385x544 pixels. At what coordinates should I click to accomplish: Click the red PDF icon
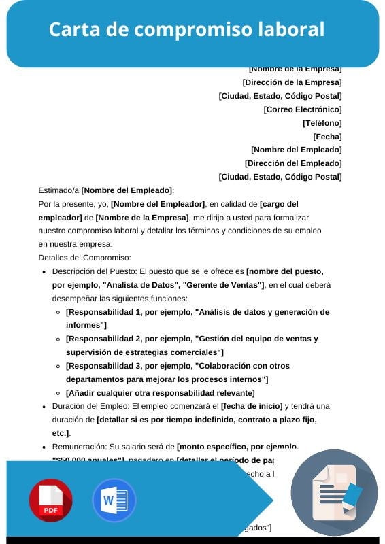tap(50, 500)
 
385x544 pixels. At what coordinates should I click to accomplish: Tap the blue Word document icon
tap(114, 500)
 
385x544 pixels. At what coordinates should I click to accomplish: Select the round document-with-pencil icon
tap(334, 492)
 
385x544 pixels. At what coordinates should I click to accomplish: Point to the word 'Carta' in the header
tap(73, 29)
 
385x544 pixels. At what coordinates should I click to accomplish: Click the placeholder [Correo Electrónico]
tap(302, 109)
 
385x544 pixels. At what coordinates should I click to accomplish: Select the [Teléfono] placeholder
tap(322, 122)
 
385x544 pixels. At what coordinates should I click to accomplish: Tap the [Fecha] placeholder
tap(327, 136)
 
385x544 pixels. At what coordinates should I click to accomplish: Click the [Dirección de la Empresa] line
tap(292, 82)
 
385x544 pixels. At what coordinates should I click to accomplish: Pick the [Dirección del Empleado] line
tap(292, 163)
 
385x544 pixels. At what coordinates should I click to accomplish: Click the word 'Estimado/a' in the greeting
tap(58, 190)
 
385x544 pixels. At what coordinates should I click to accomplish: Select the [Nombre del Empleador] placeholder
tap(158, 204)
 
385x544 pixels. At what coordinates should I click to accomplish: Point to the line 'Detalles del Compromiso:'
tap(84, 258)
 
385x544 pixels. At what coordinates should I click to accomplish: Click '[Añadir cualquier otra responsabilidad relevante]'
tap(160, 393)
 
